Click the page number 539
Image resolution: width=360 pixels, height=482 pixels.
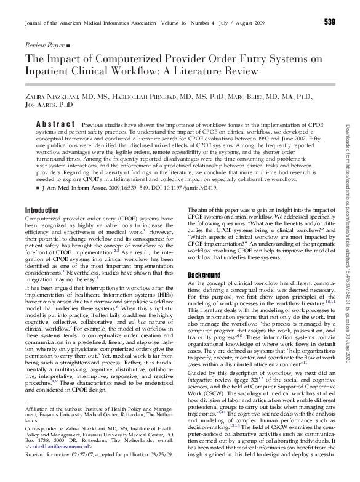(x=329, y=23)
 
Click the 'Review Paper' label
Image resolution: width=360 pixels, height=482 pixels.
(x=46, y=46)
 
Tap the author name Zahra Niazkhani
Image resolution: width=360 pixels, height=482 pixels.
(x=54, y=97)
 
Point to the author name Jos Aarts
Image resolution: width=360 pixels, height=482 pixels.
(x=41, y=105)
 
